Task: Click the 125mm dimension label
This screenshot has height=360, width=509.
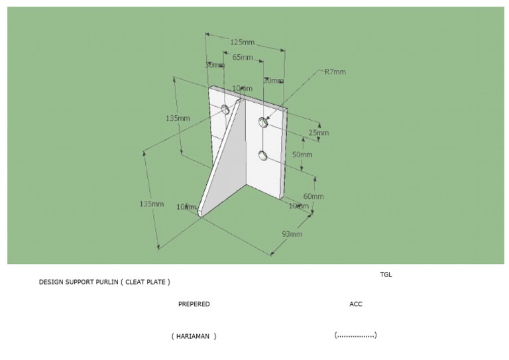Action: pos(241,42)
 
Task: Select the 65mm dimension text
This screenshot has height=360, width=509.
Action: pos(242,58)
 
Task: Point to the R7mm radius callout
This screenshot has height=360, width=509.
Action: pos(335,72)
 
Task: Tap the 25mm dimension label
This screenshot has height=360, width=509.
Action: pos(318,133)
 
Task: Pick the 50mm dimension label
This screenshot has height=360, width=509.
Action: pos(302,154)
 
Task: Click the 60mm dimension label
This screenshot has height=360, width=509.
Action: pos(313,196)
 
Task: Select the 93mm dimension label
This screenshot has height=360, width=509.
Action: pos(292,233)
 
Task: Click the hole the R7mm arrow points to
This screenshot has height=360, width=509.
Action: pos(263,121)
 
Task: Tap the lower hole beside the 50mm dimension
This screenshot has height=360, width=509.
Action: pos(263,156)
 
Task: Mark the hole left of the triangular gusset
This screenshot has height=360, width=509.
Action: pos(225,108)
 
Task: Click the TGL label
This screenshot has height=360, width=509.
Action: pos(386,274)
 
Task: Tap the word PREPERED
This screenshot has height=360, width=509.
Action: pos(194,304)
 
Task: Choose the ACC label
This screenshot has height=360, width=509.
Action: pos(356,304)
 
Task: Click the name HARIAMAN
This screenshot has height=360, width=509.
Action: pos(193,336)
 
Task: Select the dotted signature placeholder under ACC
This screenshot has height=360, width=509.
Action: pos(356,335)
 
